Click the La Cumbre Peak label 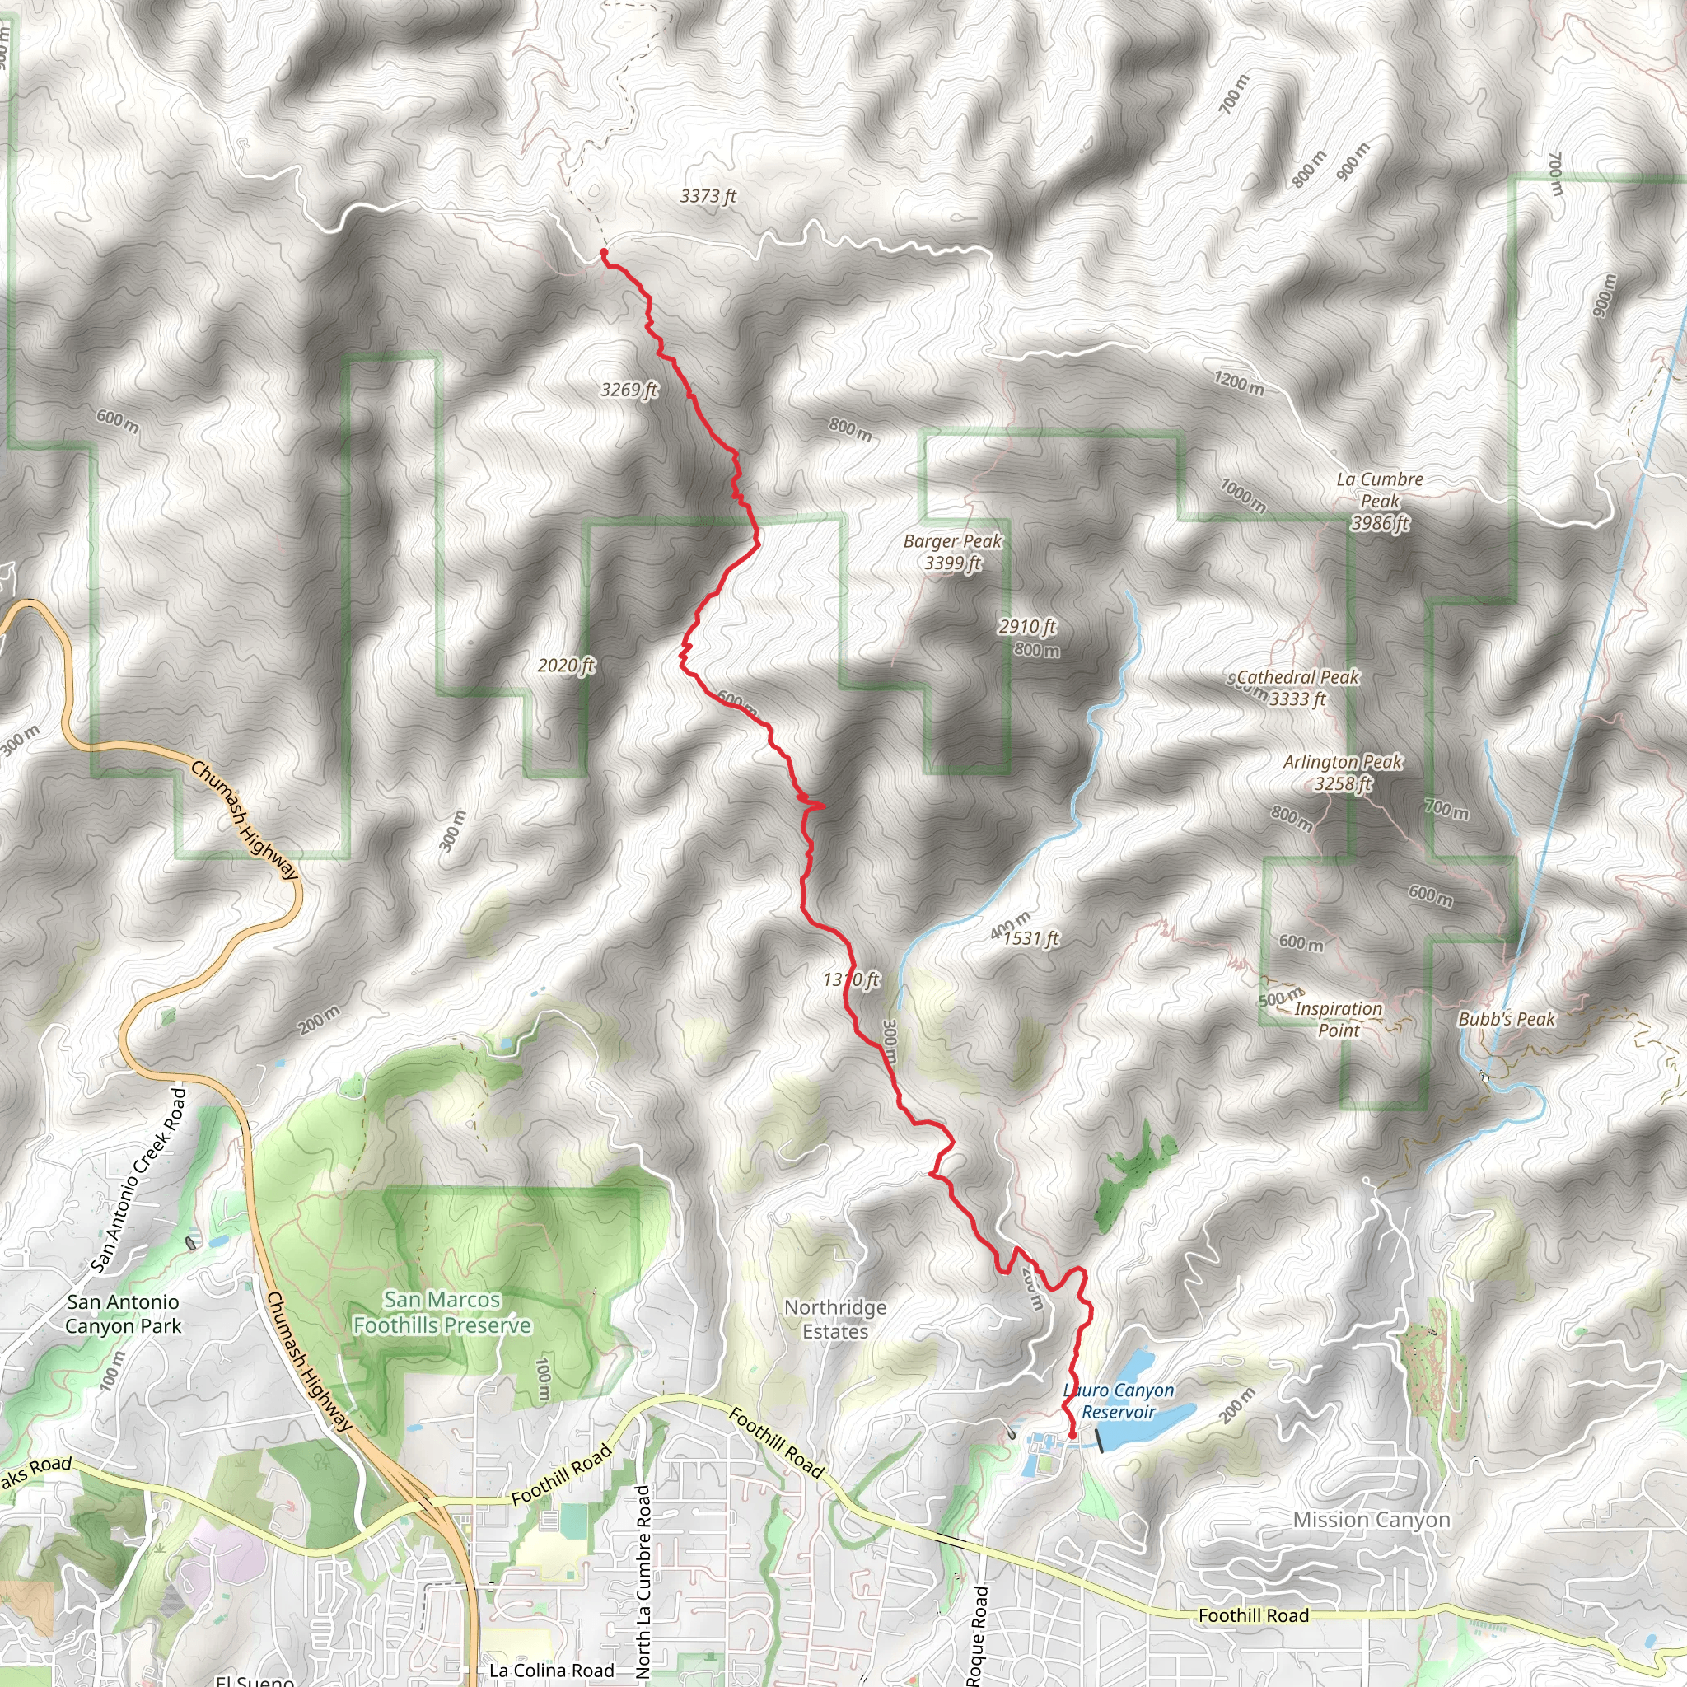click(1380, 501)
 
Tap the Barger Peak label click(953, 552)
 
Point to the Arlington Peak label click(1343, 773)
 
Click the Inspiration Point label click(1339, 1019)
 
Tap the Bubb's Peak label click(1507, 1019)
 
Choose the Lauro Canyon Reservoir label click(1119, 1400)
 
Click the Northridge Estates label click(835, 1320)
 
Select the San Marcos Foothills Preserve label click(442, 1312)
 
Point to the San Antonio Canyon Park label click(123, 1314)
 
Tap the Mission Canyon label click(1372, 1521)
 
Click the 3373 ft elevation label click(708, 197)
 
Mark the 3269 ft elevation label click(629, 390)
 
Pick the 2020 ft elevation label click(566, 666)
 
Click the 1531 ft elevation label click(1031, 939)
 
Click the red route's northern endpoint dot click(603, 252)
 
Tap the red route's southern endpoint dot click(1072, 1435)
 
